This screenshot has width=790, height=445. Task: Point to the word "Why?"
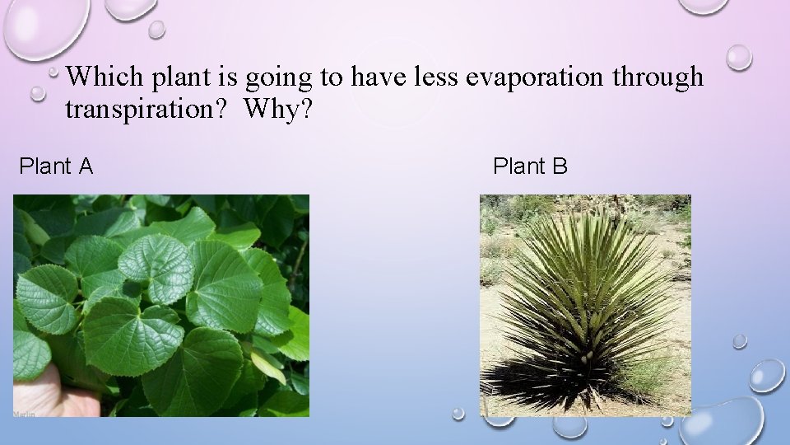click(x=278, y=109)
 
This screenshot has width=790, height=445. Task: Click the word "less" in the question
click(x=433, y=77)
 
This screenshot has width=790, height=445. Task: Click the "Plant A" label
click(x=56, y=166)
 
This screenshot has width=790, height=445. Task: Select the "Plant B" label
click(x=530, y=166)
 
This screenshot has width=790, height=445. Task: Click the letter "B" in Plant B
click(x=560, y=166)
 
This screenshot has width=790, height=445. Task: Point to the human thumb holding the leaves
click(x=49, y=391)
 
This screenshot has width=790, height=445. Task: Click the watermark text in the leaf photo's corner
click(x=24, y=412)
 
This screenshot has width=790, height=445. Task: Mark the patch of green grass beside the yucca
click(x=650, y=379)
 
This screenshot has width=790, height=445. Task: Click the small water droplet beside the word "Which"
click(x=39, y=93)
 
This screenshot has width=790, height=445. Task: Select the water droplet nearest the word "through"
click(x=738, y=56)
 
